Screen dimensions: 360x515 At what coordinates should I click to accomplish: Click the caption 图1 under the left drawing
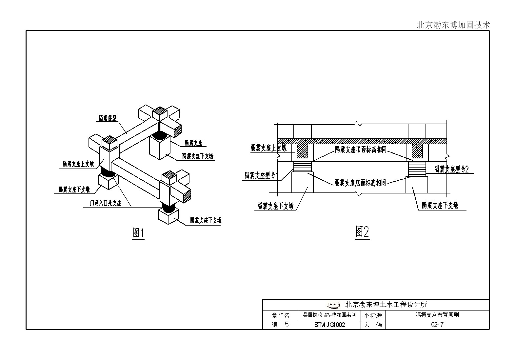pyautogui.click(x=138, y=233)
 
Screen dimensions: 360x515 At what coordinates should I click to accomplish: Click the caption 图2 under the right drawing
pyautogui.click(x=362, y=232)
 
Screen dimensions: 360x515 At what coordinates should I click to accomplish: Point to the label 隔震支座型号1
pyautogui.click(x=261, y=175)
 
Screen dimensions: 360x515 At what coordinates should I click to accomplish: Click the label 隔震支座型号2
pyautogui.click(x=451, y=169)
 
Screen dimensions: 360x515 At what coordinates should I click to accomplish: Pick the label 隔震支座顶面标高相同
pyautogui.click(x=361, y=150)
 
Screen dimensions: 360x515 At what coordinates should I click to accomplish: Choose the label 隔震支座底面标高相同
pyautogui.click(x=360, y=183)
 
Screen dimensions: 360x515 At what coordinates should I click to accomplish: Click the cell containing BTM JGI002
pyautogui.click(x=329, y=325)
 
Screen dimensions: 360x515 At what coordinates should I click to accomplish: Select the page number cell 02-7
pyautogui.click(x=437, y=325)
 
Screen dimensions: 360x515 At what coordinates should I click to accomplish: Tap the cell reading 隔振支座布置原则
pyautogui.click(x=437, y=315)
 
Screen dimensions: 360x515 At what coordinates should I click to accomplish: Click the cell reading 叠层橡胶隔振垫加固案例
pyautogui.click(x=329, y=315)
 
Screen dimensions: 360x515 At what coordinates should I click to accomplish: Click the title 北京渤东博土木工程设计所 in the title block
pyautogui.click(x=386, y=305)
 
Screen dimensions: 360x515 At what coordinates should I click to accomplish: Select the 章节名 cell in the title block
pyautogui.click(x=280, y=315)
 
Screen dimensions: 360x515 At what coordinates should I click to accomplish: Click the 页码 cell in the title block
pyautogui.click(x=373, y=325)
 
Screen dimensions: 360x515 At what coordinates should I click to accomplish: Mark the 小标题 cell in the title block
pyautogui.click(x=373, y=315)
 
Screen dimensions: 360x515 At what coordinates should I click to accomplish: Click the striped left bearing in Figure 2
pyautogui.click(x=302, y=167)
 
